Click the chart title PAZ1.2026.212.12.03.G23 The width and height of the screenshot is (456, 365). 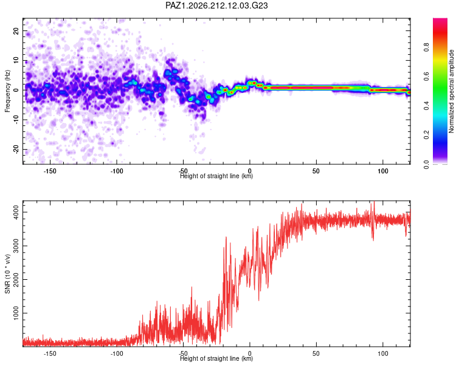pos(216,5)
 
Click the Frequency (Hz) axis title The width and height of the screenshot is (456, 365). pos(7,91)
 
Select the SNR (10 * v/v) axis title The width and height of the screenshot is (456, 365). pos(7,274)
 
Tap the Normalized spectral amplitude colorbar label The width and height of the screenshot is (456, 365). pos(451,91)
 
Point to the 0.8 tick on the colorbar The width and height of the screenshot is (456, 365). pos(427,47)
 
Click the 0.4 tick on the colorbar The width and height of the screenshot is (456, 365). pos(427,106)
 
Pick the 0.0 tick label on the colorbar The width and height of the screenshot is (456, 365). pos(427,164)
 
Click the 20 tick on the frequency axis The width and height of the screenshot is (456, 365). pos(16,30)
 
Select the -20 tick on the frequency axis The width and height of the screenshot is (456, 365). pos(16,150)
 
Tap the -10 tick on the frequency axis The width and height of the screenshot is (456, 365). pos(16,120)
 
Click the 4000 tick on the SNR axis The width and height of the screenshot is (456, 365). pos(16,212)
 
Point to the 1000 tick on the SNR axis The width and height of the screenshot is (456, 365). pos(16,313)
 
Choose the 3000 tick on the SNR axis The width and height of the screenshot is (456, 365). pos(16,246)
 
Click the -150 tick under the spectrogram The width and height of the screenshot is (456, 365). pos(50,171)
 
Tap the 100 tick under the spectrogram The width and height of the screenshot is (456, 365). pos(382,171)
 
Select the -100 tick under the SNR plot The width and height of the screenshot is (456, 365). pos(116,353)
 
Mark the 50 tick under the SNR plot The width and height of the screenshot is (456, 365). pos(316,353)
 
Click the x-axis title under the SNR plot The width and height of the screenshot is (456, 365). pos(216,358)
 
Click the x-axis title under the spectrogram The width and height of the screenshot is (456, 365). pos(216,176)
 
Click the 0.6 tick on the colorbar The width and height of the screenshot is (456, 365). pos(427,76)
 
